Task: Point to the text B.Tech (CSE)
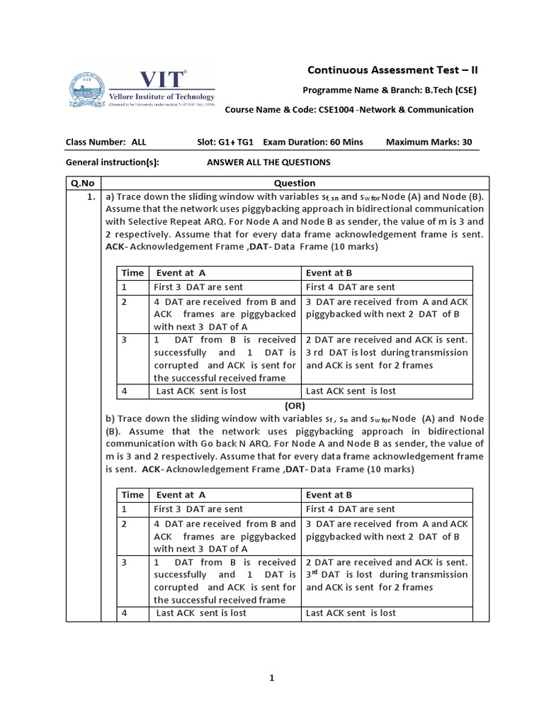tap(444, 90)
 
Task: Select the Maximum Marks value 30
tap(466, 142)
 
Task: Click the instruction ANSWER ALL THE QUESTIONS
tap(268, 162)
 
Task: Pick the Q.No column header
tap(83, 183)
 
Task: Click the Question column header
tap(294, 183)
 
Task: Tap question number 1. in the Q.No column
tap(91, 197)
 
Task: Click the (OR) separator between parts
tap(294, 406)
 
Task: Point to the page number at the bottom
tap(272, 678)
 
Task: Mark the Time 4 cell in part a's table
tap(124, 391)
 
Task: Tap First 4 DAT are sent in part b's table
tap(350, 509)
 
